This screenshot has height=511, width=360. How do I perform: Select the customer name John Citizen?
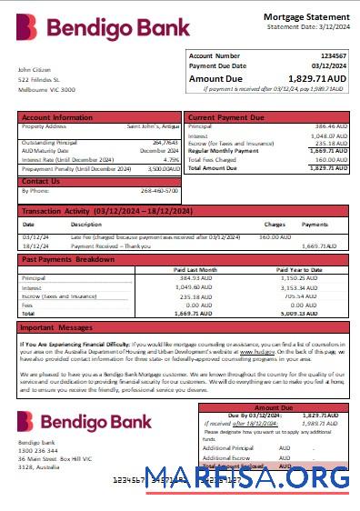(x=34, y=70)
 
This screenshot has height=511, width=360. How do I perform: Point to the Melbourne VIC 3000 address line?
(x=47, y=90)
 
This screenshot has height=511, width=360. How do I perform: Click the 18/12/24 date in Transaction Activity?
(x=34, y=245)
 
